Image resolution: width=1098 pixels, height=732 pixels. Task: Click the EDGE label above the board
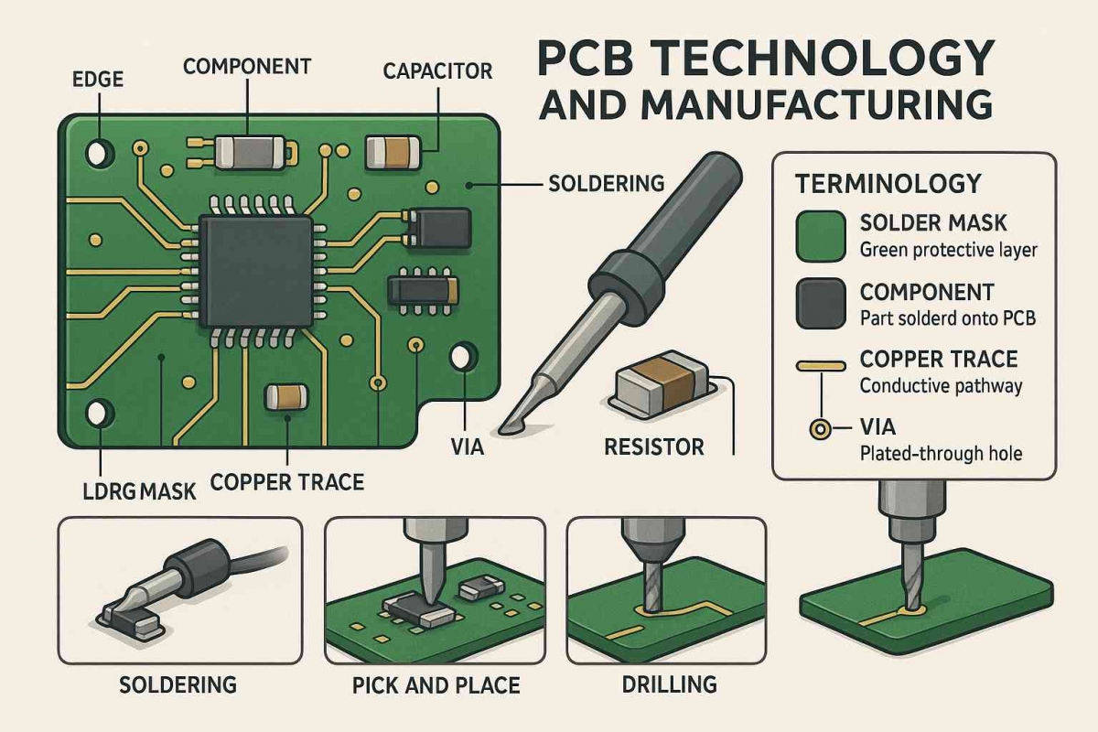click(x=96, y=81)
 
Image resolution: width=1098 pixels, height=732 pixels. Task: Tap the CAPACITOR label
click(x=438, y=70)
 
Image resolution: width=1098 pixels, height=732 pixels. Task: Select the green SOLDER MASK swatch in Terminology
click(x=821, y=236)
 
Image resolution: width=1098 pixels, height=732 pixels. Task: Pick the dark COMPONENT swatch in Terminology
click(x=821, y=304)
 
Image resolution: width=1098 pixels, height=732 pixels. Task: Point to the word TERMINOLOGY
click(x=888, y=183)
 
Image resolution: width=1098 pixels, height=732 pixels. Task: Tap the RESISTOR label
click(x=654, y=447)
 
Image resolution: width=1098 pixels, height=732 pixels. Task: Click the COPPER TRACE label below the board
click(x=286, y=481)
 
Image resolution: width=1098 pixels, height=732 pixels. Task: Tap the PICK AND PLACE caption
click(x=436, y=685)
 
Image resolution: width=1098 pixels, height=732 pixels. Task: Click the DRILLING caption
click(x=669, y=684)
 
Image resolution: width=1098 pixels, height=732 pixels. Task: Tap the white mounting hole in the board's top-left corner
click(x=98, y=150)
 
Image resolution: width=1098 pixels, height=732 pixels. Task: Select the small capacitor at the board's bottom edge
click(x=285, y=396)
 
